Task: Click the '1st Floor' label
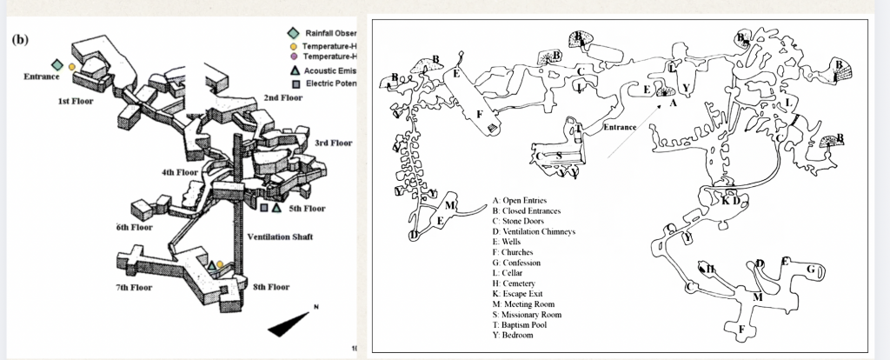[76, 101]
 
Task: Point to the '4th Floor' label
[181, 172]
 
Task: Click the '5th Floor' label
[307, 209]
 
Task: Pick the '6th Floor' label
[134, 227]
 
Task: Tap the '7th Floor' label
[134, 287]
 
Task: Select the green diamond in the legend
[295, 33]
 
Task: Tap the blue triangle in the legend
[296, 70]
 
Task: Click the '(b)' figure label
[20, 39]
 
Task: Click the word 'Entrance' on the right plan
[620, 128]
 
